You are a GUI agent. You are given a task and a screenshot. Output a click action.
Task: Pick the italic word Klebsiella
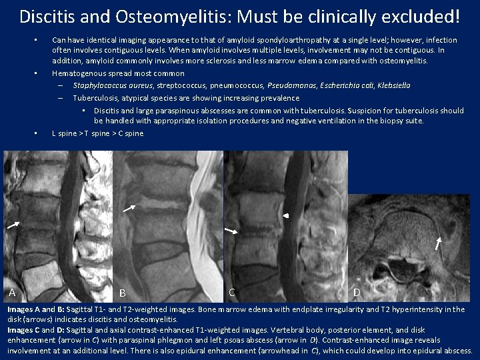coord(394,85)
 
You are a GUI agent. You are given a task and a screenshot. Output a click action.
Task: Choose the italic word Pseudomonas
coord(289,85)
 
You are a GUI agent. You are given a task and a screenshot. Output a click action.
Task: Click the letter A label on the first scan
coord(12,293)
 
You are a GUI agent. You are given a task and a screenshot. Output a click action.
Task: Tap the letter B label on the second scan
coord(123,293)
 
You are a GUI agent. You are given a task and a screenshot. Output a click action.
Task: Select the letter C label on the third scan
coord(231,291)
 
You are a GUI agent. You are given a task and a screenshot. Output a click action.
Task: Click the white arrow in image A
coord(13,225)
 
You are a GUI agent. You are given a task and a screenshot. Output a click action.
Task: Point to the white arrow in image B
coord(130,208)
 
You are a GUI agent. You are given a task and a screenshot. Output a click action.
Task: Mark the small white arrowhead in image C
coord(286,216)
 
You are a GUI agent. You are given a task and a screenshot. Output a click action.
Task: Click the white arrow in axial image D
coord(438,243)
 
